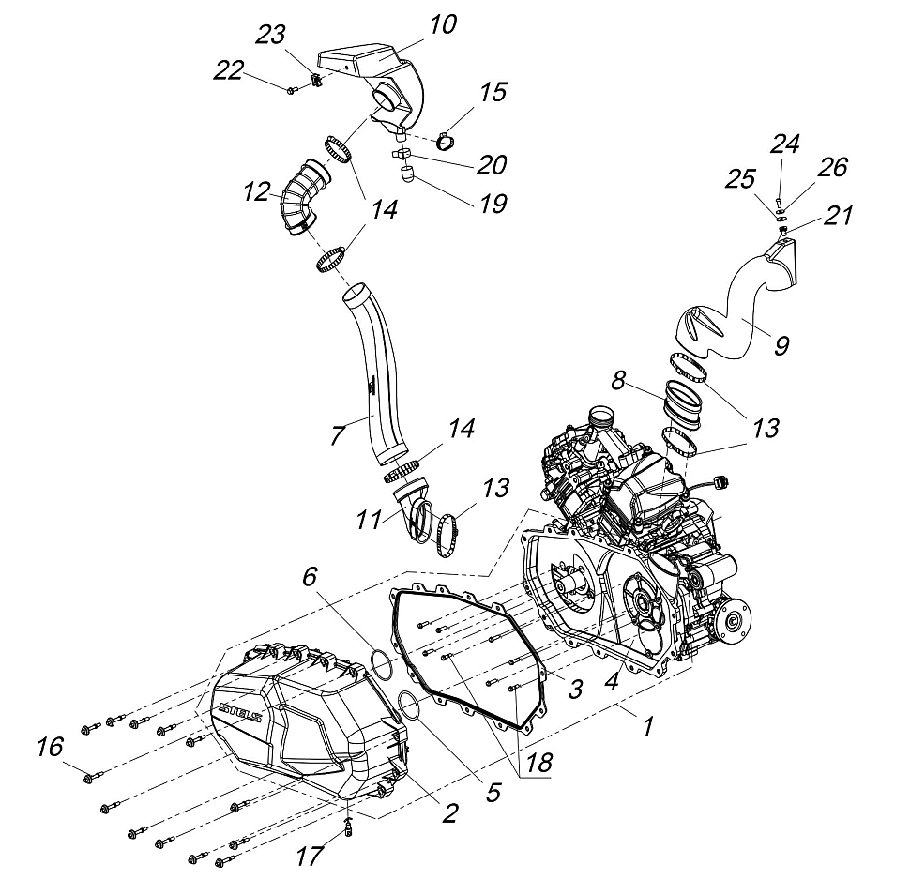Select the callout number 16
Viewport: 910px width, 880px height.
(x=50, y=747)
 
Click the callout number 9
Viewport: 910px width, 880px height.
(x=781, y=345)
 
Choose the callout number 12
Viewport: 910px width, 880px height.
(x=256, y=194)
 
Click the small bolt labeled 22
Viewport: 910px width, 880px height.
(x=293, y=90)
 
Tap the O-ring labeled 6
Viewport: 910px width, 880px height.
(x=380, y=662)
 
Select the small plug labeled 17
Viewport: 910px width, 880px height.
(x=348, y=827)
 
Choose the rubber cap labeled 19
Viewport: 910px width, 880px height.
(x=408, y=174)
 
